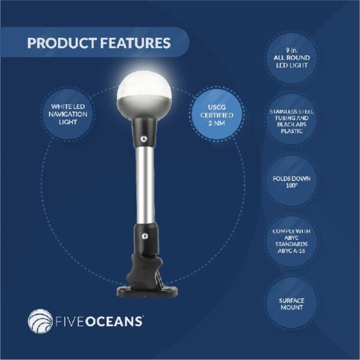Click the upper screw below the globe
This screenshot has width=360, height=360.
143,139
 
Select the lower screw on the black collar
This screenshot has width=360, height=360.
145,236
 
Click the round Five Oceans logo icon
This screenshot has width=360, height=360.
40,321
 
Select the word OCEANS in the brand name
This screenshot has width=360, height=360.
115,321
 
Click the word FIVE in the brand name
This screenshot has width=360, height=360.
70,321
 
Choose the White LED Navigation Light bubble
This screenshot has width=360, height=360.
68,114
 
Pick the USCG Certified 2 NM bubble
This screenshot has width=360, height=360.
217,114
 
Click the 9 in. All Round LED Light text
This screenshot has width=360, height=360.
292,58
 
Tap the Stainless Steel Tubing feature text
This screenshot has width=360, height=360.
292,121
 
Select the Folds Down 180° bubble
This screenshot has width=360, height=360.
292,181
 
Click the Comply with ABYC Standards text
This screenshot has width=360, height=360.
292,241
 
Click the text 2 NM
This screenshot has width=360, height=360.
217,123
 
